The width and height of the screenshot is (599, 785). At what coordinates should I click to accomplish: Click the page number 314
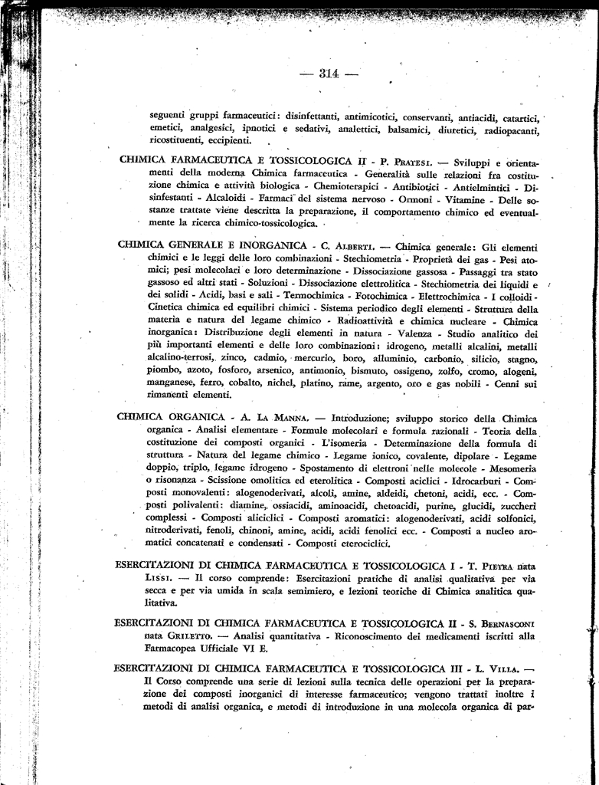(x=329, y=74)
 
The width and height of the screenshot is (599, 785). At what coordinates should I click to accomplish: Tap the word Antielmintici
(x=478, y=186)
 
